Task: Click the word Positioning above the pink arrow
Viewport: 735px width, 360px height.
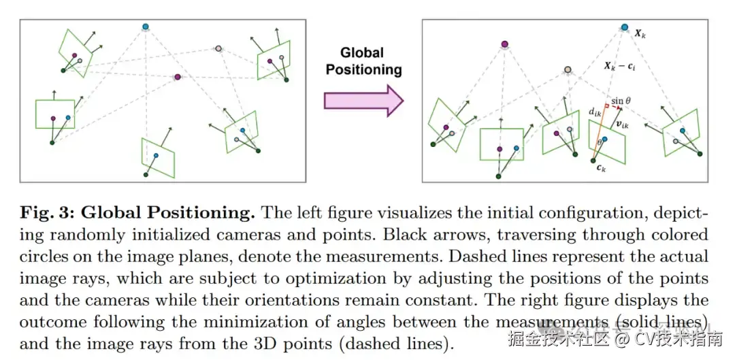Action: pyautogui.click(x=363, y=69)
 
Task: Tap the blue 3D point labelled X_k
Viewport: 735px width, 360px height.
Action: pyautogui.click(x=625, y=28)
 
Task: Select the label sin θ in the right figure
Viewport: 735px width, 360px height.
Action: pyautogui.click(x=621, y=101)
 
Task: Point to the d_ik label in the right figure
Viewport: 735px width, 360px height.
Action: pyautogui.click(x=593, y=112)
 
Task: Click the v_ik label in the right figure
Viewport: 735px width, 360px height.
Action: pyautogui.click(x=621, y=125)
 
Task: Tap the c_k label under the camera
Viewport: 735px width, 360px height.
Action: pyautogui.click(x=598, y=169)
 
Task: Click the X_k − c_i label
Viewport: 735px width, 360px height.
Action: pyautogui.click(x=621, y=66)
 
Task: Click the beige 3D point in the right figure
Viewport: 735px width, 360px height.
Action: pyautogui.click(x=568, y=69)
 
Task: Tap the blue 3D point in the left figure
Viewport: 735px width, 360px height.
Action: pyautogui.click(x=145, y=27)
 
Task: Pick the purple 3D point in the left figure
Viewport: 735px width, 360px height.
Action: pyautogui.click(x=178, y=78)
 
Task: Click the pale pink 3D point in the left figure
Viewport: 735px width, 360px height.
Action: pyautogui.click(x=218, y=48)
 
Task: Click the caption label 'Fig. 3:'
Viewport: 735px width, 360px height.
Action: pyautogui.click(x=50, y=213)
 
